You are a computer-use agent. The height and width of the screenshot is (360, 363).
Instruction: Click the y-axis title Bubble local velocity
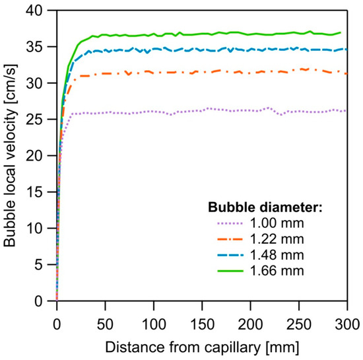coord(11,156)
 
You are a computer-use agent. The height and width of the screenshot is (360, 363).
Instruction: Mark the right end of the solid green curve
coord(341,32)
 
